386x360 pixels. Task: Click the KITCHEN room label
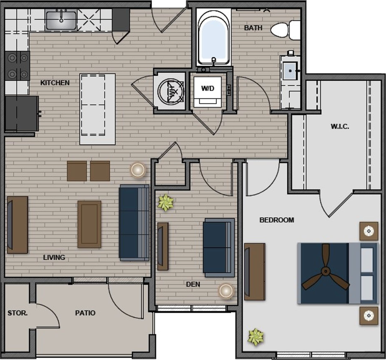pyautogui.click(x=55, y=82)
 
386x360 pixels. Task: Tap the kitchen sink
pyautogui.click(x=61, y=20)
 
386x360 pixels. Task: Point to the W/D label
pyautogui.click(x=208, y=88)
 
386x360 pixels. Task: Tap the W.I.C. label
pyautogui.click(x=340, y=126)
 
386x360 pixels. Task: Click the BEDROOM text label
pyautogui.click(x=277, y=220)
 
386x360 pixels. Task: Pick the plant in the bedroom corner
pyautogui.click(x=256, y=337)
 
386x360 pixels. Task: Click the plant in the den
pyautogui.click(x=166, y=202)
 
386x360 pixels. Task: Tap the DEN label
pyautogui.click(x=193, y=284)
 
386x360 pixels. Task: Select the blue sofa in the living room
pyautogui.click(x=134, y=223)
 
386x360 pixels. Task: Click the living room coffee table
pyautogui.click(x=89, y=224)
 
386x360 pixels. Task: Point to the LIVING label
pyautogui.click(x=54, y=257)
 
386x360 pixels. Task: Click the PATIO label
pyautogui.click(x=85, y=313)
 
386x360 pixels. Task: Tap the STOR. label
pyautogui.click(x=18, y=313)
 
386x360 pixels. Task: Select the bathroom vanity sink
pyautogui.click(x=290, y=71)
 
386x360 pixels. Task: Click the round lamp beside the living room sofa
pyautogui.click(x=138, y=170)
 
